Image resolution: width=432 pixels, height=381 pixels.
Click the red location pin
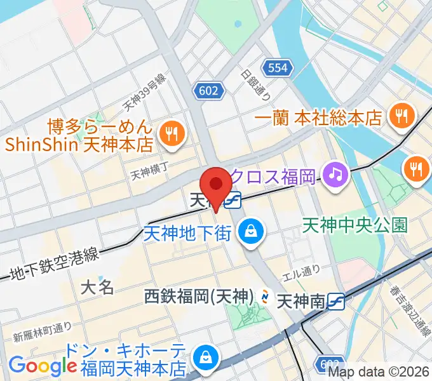click(217, 185)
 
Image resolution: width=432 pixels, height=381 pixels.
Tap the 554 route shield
click(278, 67)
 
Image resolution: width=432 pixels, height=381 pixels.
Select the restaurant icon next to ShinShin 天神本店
click(172, 133)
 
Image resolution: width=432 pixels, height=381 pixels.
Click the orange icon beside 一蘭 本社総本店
click(402, 116)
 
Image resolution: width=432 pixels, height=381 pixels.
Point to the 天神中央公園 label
click(354, 225)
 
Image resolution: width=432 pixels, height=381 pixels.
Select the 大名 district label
click(98, 287)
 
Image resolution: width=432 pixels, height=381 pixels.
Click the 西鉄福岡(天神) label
click(199, 296)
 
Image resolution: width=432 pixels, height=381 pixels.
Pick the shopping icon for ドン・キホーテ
click(206, 358)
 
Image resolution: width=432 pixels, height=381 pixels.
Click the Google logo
click(43, 365)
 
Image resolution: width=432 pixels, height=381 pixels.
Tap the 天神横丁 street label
click(147, 172)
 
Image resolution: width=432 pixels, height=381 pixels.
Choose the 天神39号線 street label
click(144, 91)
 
